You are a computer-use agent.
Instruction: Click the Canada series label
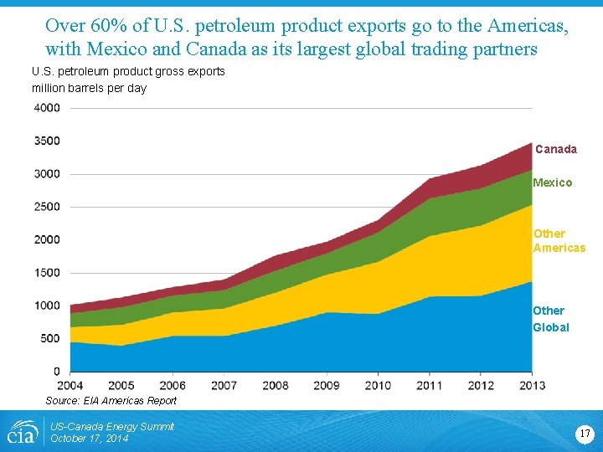pos(555,149)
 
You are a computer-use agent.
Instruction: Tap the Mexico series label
pos(552,182)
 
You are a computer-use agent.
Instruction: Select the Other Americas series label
pos(559,241)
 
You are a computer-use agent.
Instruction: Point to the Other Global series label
pos(550,319)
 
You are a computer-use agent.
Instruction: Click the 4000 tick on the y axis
pos(47,108)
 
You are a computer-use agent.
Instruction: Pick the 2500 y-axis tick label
pos(47,207)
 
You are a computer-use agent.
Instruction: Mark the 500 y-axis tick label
pos(49,338)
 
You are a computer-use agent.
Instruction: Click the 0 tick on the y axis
pos(57,372)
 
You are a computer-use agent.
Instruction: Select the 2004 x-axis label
pos(70,386)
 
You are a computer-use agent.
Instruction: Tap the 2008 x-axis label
pos(276,386)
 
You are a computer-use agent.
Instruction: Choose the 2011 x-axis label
pos(429,386)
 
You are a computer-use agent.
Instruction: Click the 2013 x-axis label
pos(531,386)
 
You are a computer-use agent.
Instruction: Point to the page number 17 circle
pos(585,434)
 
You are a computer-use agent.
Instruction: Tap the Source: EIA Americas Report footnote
pos(111,401)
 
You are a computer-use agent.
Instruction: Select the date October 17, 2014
pos(90,439)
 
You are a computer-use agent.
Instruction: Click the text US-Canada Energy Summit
pos(112,427)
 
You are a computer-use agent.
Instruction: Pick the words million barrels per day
pos(89,88)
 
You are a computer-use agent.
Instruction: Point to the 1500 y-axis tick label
pos(47,273)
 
